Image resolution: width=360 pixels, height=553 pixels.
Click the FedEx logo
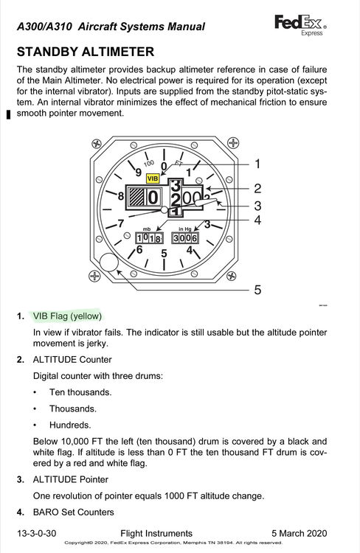(x=300, y=24)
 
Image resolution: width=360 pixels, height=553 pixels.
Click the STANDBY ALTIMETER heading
(x=86, y=52)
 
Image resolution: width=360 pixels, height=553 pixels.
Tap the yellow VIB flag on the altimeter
(x=153, y=178)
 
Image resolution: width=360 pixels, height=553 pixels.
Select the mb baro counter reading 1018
(x=149, y=238)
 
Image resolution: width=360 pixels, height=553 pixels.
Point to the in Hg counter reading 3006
(x=185, y=238)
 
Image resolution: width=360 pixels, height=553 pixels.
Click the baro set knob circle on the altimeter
(x=109, y=262)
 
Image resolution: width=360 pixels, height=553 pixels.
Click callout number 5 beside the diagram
(x=257, y=290)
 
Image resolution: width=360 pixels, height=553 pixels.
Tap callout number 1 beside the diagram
(x=257, y=164)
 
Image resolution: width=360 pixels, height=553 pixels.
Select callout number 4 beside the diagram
(x=257, y=220)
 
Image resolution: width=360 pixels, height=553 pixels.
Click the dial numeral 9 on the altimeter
(x=139, y=172)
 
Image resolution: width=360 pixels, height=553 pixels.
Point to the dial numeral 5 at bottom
(x=164, y=253)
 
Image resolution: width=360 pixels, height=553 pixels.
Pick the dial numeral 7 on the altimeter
(x=121, y=223)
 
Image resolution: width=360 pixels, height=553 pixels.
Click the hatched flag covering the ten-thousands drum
(x=136, y=197)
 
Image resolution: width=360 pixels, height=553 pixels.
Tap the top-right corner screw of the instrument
(x=232, y=143)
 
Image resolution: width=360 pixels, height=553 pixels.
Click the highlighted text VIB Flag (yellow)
(x=67, y=316)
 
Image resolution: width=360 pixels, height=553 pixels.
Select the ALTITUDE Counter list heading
(x=72, y=359)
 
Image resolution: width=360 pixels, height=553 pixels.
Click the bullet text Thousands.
(x=73, y=408)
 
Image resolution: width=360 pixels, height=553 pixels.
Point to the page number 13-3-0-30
(x=37, y=533)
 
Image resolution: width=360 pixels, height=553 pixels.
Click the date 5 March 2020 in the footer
(x=300, y=533)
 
